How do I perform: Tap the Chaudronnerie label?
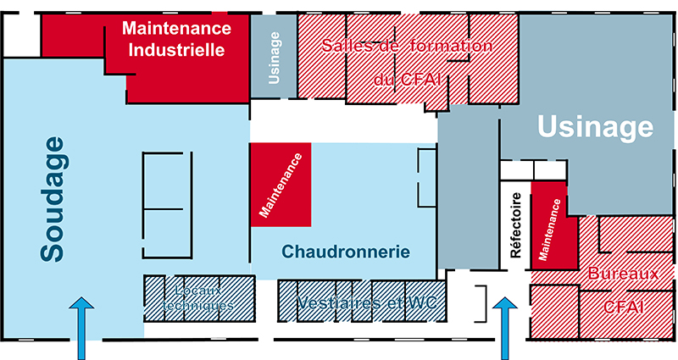click(346, 252)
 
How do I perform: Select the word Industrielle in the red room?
click(176, 50)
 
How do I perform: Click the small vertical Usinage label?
click(274, 58)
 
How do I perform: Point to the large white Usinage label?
click(597, 127)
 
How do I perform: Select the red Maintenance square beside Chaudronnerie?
click(281, 184)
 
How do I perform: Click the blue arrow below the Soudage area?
click(82, 328)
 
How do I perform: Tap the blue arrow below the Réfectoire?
click(506, 328)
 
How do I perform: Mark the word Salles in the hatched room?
click(344, 46)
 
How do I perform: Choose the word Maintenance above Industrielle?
click(176, 29)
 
